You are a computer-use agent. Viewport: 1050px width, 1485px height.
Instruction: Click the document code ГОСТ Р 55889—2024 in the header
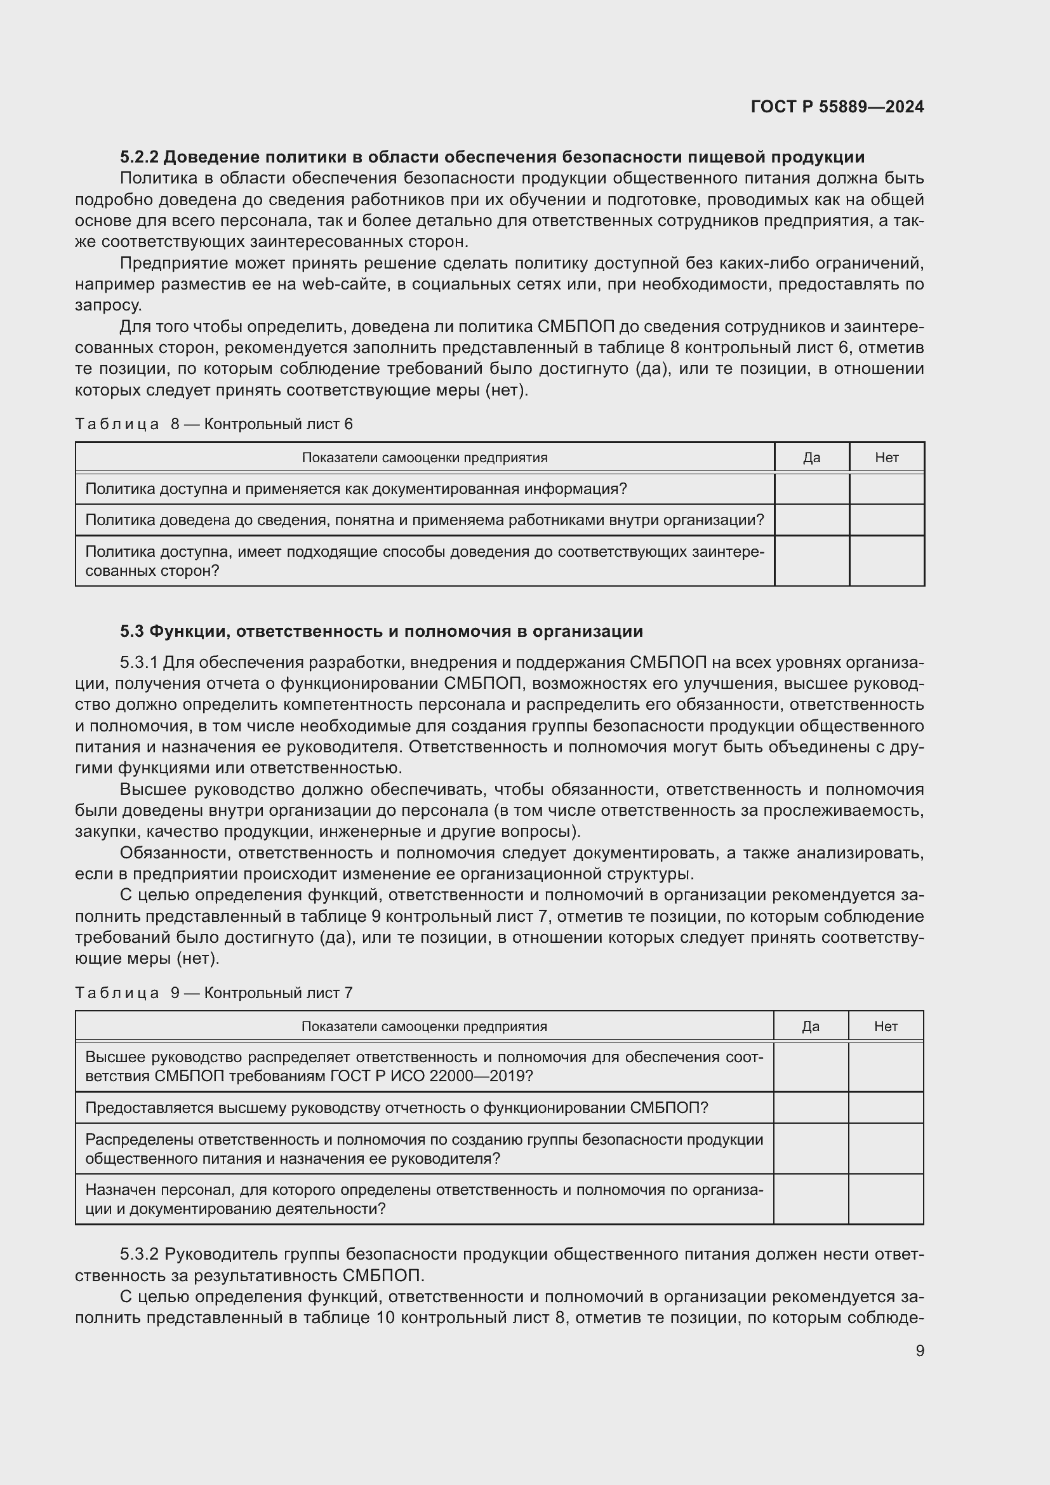click(837, 107)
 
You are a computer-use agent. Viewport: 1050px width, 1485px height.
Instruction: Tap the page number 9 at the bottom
click(919, 1350)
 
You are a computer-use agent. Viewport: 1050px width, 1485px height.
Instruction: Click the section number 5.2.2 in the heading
click(140, 157)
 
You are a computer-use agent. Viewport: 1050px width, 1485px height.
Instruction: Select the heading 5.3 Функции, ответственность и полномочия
click(381, 630)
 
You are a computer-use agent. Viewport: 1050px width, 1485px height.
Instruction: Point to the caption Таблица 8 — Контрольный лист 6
click(214, 423)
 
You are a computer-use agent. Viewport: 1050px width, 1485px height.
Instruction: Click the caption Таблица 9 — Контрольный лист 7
click(214, 992)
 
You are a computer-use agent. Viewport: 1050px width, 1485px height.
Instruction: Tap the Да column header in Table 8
click(811, 457)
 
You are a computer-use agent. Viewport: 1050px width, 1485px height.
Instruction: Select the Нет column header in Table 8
click(886, 457)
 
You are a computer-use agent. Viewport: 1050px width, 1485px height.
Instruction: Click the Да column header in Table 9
click(810, 1026)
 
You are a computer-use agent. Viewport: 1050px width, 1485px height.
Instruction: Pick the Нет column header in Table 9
click(885, 1026)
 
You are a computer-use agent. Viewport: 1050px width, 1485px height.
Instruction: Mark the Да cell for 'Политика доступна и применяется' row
click(811, 488)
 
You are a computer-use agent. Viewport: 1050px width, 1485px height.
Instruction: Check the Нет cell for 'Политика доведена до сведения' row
click(886, 520)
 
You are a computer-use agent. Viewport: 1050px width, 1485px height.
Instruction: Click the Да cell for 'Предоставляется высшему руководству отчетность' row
click(810, 1107)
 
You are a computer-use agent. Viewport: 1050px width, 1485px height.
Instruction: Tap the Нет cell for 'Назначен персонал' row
click(885, 1199)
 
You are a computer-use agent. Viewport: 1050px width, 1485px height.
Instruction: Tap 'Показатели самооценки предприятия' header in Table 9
click(424, 1026)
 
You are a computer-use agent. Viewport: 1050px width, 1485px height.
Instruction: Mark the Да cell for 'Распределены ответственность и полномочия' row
click(810, 1148)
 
